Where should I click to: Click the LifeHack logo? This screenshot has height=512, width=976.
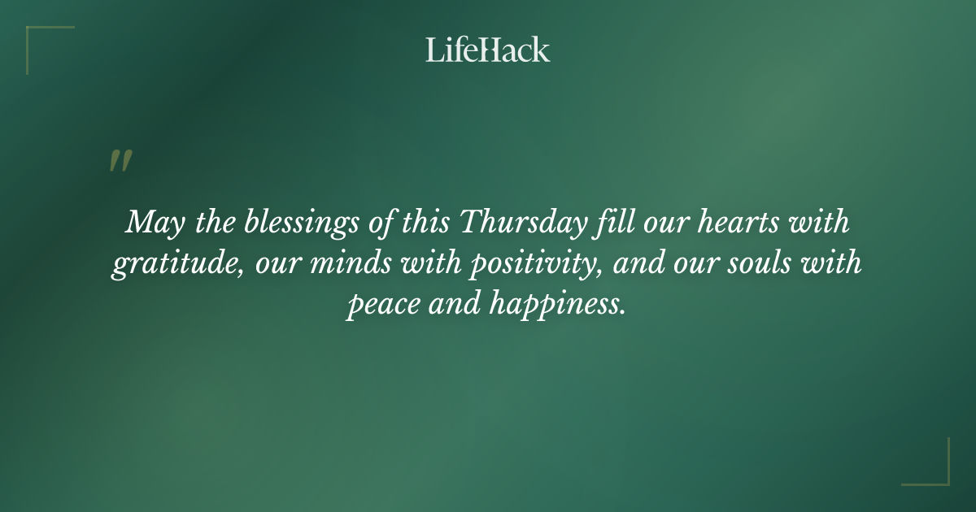(488, 50)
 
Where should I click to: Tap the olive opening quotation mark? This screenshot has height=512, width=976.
(120, 161)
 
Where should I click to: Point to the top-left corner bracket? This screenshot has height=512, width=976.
(41, 41)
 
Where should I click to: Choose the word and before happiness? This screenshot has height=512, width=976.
(450, 306)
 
